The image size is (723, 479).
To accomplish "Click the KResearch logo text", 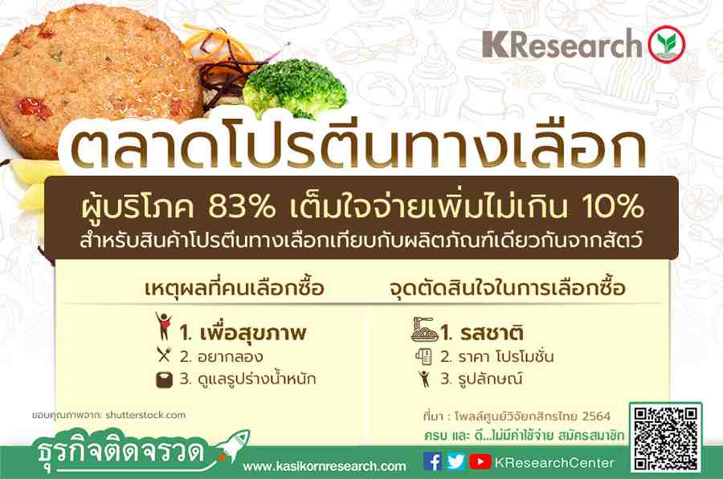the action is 562,44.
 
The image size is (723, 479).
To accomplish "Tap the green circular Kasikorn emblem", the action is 667,44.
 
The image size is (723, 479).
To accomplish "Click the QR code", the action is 666,438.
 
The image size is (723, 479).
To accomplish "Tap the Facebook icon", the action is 432,461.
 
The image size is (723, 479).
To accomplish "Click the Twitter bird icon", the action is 455,461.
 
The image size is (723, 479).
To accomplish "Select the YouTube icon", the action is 480,461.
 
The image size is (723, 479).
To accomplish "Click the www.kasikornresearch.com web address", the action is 325,466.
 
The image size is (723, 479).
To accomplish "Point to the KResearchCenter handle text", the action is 554,462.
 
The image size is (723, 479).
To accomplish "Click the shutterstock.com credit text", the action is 145,415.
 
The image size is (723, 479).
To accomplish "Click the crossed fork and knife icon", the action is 164,354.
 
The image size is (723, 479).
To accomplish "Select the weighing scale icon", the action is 164,380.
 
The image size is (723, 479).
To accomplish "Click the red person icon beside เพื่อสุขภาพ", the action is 163,326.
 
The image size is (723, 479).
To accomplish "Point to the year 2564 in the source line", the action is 596,416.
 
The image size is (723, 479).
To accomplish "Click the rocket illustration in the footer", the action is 233,445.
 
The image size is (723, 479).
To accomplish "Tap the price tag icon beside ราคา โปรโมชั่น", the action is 423,356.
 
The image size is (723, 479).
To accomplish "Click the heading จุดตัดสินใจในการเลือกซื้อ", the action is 507,288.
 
